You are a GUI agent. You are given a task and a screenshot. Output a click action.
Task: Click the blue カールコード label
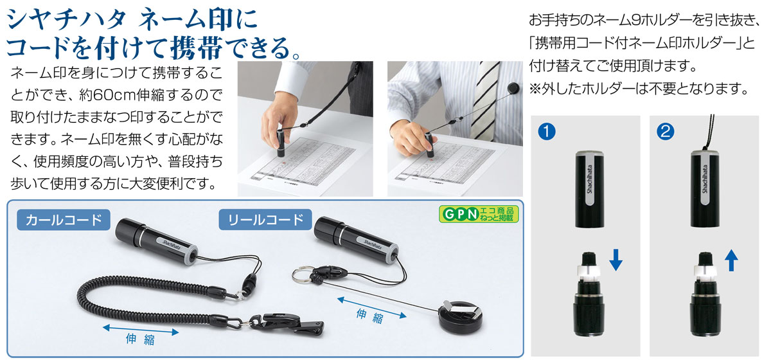coord(64,220)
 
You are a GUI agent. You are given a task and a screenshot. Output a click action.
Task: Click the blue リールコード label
coord(265,219)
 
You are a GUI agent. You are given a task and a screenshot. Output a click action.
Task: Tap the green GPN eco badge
coord(479,214)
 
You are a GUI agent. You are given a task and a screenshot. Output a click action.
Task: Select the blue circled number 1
coord(547,132)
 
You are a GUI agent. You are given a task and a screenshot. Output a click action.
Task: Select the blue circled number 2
coord(666,132)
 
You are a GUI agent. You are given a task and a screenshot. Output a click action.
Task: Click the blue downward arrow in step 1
coord(616,260)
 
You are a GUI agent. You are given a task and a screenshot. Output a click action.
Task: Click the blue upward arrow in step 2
coord(731,261)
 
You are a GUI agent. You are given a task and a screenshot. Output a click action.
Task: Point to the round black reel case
coord(461,317)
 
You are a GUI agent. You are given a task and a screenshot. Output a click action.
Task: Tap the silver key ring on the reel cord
coord(302,275)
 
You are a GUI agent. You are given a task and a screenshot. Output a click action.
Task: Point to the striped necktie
coord(487,100)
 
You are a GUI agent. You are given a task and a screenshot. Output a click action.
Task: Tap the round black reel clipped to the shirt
coord(514,88)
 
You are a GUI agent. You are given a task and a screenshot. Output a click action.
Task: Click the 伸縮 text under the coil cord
coord(140,339)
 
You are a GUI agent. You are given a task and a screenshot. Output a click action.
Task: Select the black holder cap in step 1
coord(590,189)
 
